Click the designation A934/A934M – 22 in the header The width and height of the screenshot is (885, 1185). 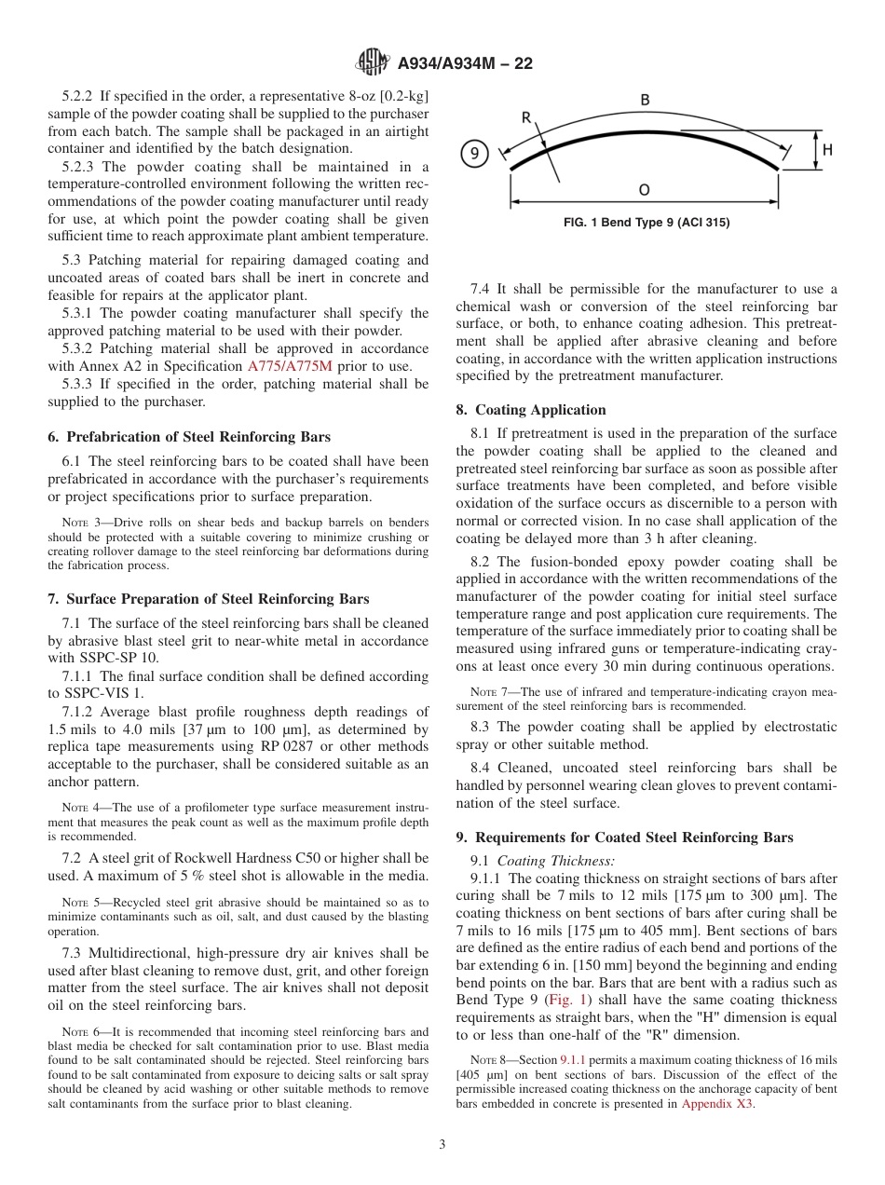coord(465,63)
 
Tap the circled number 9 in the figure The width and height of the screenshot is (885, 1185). coord(474,154)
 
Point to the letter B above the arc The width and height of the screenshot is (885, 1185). coord(645,100)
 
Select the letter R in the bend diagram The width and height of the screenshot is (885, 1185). coord(525,118)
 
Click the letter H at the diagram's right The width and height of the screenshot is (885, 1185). coord(827,150)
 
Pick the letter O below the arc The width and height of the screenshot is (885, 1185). coord(644,190)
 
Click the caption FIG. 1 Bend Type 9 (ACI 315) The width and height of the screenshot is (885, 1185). coord(647,223)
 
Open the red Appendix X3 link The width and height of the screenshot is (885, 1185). coord(717,1104)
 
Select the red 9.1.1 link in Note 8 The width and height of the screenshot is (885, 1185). coord(572,1061)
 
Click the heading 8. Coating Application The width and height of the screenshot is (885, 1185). coord(531,410)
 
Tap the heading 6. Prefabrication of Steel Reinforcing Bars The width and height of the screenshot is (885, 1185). coord(189,437)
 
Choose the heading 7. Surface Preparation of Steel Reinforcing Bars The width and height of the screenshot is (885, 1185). coord(209,599)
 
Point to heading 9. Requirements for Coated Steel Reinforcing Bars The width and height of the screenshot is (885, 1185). coord(624,838)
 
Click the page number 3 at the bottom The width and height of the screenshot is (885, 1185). coord(442,1145)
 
